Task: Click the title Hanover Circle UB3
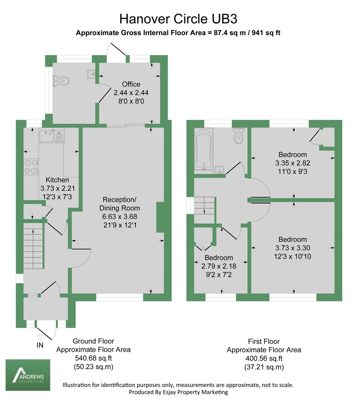(178, 19)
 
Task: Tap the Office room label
(131, 84)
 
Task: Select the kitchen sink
(52, 135)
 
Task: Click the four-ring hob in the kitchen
(31, 166)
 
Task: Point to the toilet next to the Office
(61, 81)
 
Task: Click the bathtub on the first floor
(203, 149)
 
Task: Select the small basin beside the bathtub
(219, 170)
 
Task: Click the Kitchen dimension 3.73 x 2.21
(57, 188)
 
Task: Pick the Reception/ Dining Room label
(120, 204)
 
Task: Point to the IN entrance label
(40, 345)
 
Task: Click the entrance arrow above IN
(40, 337)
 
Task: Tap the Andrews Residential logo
(28, 375)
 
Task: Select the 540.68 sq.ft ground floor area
(93, 358)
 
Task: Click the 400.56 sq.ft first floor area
(264, 358)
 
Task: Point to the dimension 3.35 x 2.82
(292, 163)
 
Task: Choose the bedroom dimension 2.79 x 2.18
(219, 266)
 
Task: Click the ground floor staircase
(33, 246)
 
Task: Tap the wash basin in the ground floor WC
(91, 74)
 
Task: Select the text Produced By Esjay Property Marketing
(178, 392)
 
